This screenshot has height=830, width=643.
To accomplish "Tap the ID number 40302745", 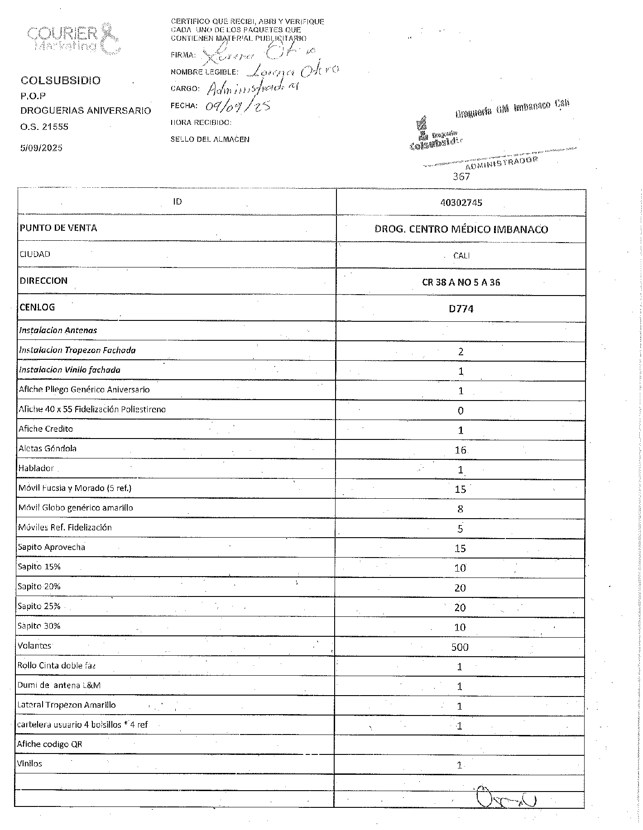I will [461, 202].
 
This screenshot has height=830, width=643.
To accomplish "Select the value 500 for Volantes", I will [460, 647].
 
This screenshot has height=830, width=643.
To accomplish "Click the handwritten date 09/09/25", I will [238, 105].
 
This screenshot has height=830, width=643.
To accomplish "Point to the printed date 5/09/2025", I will [41, 148].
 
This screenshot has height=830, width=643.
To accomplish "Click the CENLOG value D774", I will [461, 309].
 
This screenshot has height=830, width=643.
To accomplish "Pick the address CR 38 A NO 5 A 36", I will [461, 282].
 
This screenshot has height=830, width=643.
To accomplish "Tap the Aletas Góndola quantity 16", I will [461, 450].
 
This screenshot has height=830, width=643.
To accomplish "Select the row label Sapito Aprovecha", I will [51, 547].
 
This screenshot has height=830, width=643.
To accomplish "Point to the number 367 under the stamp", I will [461, 176].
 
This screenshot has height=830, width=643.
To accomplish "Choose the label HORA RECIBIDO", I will [201, 123].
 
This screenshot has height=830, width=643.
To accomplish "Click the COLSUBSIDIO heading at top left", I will [61, 81].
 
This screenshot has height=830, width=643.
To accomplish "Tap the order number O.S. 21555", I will [44, 127].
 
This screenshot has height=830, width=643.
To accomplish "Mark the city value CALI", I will [461, 256].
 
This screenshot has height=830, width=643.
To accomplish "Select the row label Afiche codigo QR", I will [50, 744].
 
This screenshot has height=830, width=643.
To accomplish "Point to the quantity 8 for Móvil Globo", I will [460, 509].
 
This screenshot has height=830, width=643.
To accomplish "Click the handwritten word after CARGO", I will [252, 89].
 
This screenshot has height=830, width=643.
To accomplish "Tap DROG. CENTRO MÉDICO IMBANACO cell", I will [461, 229].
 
